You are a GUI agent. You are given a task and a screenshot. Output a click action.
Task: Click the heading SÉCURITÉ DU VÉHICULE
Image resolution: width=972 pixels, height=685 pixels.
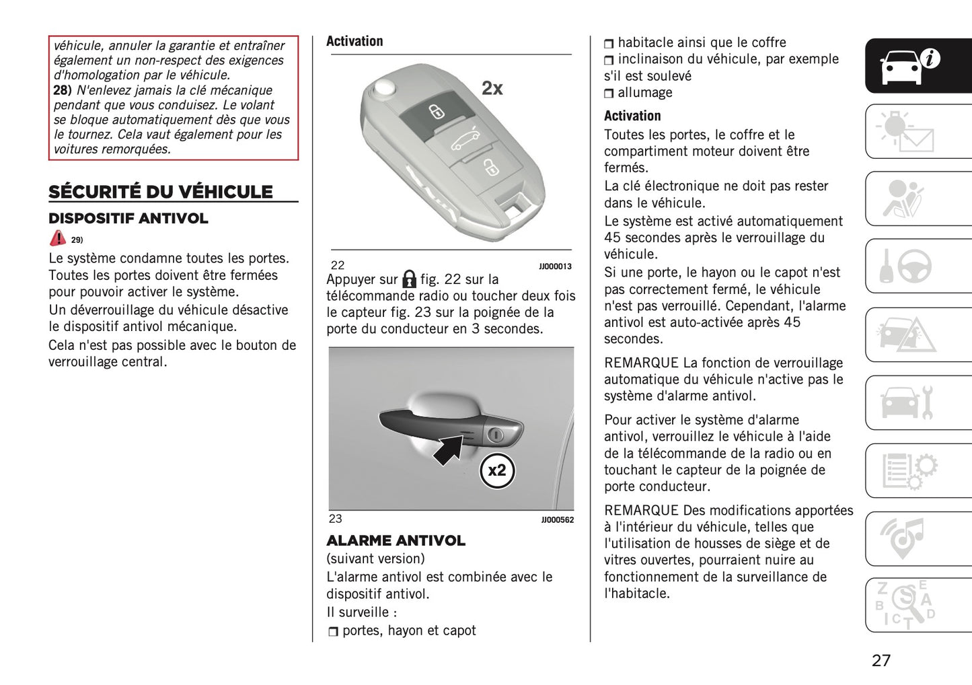(x=161, y=192)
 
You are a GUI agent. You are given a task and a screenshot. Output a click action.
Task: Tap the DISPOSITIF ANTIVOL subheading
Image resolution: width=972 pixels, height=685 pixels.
(x=128, y=219)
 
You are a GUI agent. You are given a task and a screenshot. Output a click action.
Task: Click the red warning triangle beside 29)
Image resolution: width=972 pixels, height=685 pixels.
(x=58, y=238)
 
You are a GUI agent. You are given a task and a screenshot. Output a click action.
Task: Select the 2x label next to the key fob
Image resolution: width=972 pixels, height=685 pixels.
(x=492, y=88)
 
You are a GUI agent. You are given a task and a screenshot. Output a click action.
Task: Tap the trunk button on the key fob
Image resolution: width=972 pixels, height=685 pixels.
(x=465, y=140)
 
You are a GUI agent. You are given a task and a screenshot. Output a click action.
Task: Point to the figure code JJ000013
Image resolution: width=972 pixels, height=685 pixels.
(x=555, y=266)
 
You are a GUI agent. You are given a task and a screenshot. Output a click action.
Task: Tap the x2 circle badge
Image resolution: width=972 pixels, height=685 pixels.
(x=497, y=470)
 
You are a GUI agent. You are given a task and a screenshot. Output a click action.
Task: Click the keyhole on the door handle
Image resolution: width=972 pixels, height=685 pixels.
(x=496, y=435)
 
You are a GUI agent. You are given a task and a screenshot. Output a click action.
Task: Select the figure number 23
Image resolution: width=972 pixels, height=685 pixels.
(x=335, y=519)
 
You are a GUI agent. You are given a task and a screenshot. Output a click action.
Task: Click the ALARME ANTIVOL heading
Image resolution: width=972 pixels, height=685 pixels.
(x=396, y=541)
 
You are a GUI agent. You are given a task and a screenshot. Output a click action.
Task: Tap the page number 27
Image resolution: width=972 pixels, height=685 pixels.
(x=881, y=660)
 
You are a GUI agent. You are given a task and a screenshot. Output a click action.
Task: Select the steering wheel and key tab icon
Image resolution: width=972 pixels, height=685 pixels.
(x=907, y=266)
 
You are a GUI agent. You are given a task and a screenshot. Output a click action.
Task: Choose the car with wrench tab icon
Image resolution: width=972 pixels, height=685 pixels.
(x=907, y=402)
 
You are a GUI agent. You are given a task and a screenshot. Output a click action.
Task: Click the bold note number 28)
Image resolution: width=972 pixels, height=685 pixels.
(x=63, y=90)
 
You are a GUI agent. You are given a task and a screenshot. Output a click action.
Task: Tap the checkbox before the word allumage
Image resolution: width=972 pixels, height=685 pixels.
(x=609, y=94)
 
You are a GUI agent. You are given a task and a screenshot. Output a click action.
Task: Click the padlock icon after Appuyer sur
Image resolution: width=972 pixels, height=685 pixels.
(x=409, y=279)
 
